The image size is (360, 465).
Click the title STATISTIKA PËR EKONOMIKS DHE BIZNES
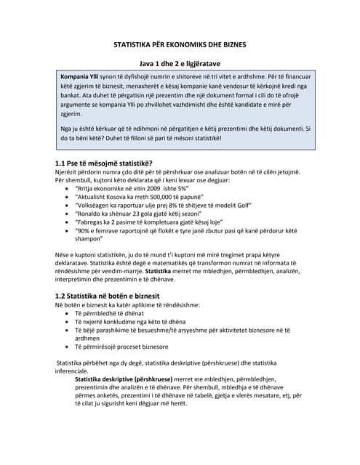(180, 45)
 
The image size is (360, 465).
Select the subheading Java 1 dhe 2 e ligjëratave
(180, 64)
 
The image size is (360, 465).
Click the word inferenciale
(77, 371)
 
